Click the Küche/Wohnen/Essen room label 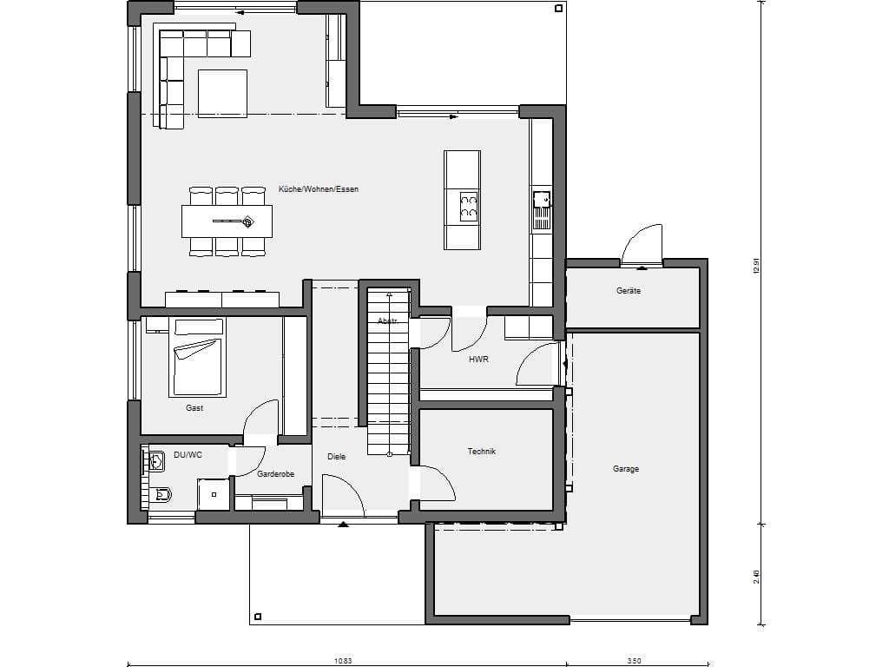[x=318, y=189]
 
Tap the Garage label [x=625, y=469]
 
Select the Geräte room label [x=629, y=291]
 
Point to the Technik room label [x=481, y=452]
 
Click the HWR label [x=478, y=359]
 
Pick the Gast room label [x=194, y=408]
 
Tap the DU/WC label [x=188, y=455]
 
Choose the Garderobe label [x=275, y=474]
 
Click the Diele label [x=336, y=457]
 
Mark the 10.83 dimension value [x=343, y=661]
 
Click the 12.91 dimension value [x=755, y=266]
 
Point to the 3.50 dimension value [x=634, y=661]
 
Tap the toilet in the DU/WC [x=161, y=494]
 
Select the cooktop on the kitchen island [x=468, y=205]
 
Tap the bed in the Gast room [x=197, y=357]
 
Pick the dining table [x=227, y=221]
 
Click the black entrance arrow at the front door [x=343, y=525]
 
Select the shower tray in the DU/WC [x=214, y=494]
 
